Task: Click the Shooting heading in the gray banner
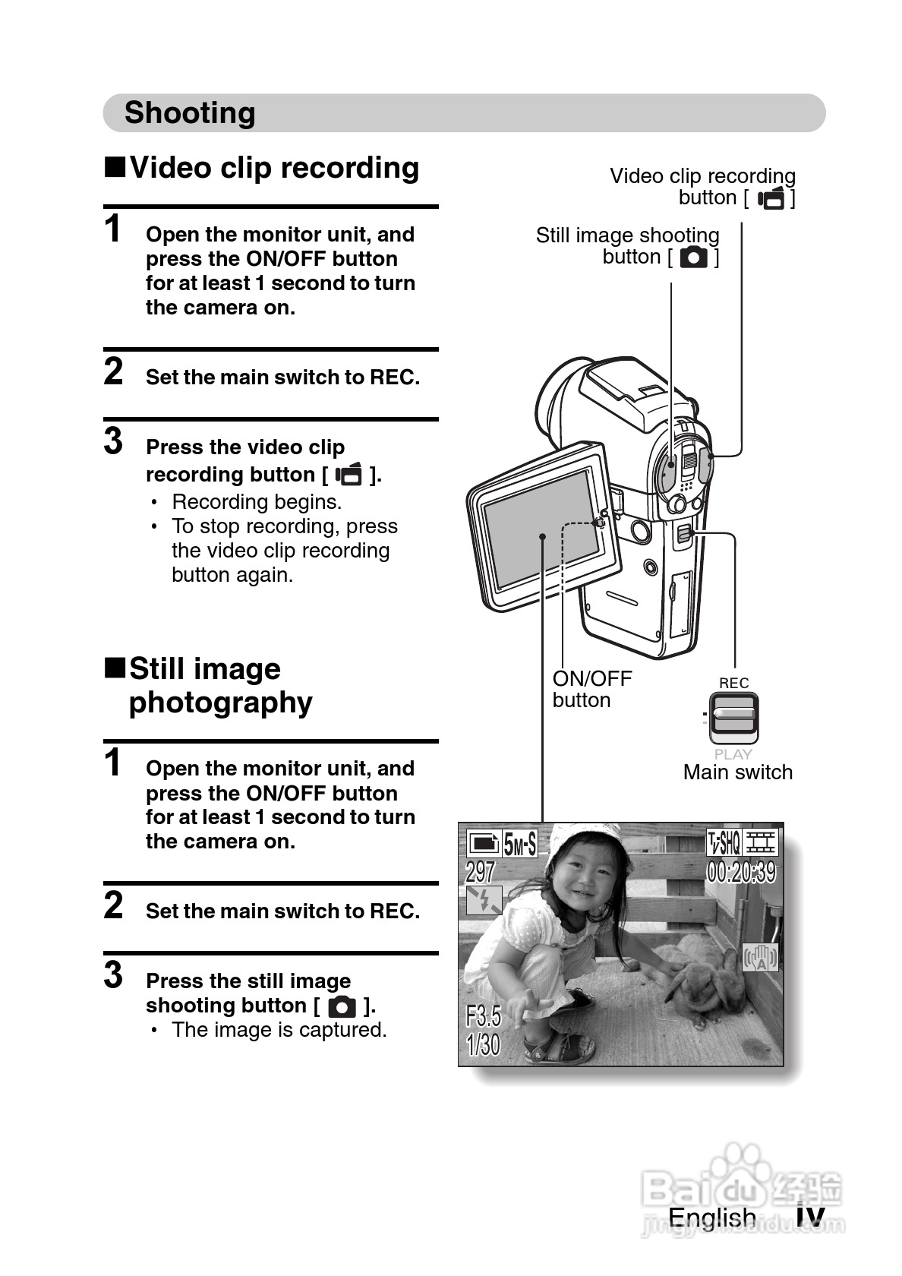(x=190, y=113)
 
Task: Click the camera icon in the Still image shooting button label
(x=693, y=257)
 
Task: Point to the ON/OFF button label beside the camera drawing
(x=591, y=689)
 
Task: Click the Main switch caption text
(x=737, y=772)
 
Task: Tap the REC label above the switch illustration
(x=733, y=683)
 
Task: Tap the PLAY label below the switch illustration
(x=733, y=754)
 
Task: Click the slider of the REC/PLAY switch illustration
(x=733, y=716)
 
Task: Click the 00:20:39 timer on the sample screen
(x=741, y=872)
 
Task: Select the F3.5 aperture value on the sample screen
(x=483, y=1015)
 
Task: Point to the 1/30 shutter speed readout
(x=483, y=1045)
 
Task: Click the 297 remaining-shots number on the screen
(x=481, y=871)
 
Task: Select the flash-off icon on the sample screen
(x=484, y=901)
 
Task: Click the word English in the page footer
(x=711, y=1218)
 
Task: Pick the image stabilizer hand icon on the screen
(x=760, y=959)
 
